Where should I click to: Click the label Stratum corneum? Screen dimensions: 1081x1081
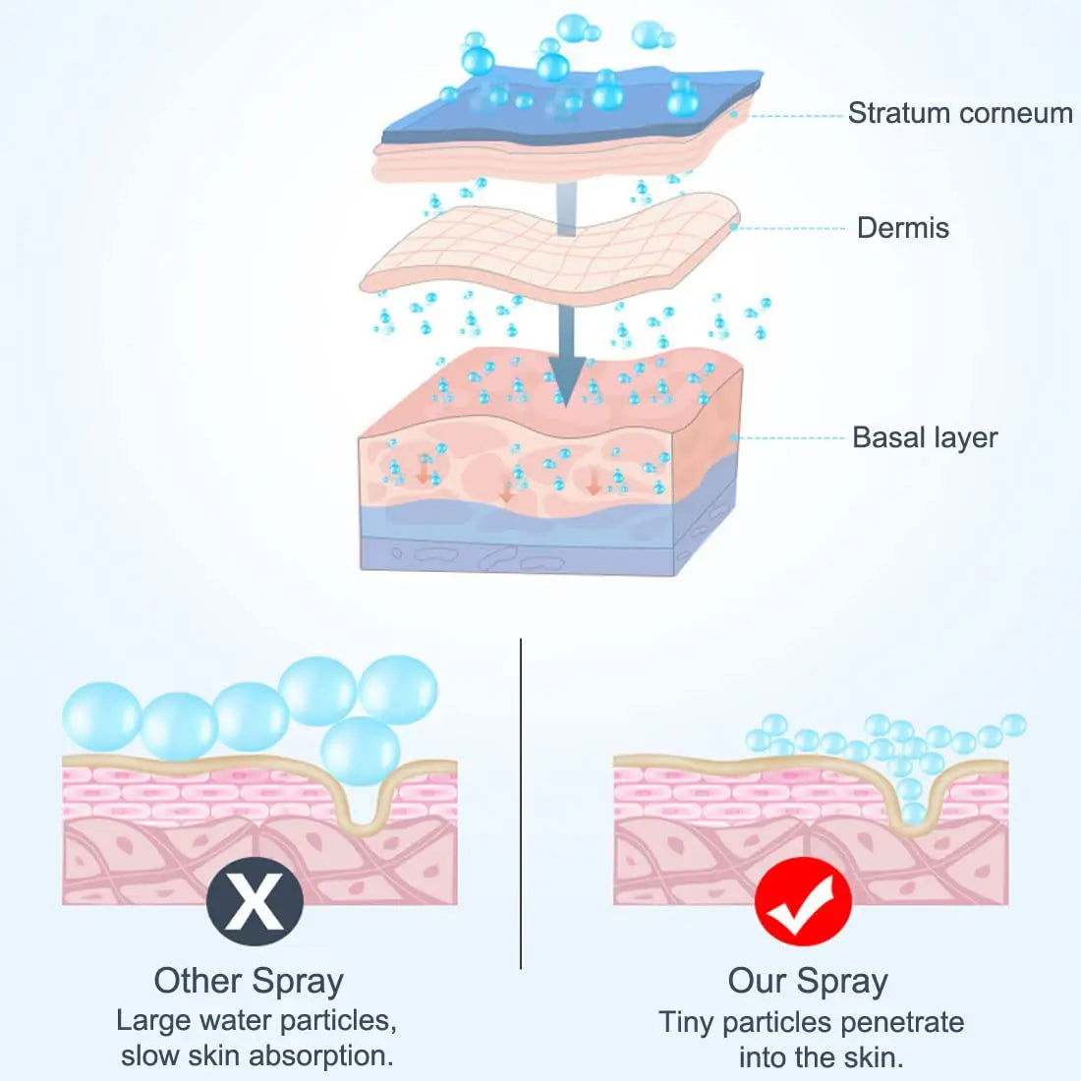959,114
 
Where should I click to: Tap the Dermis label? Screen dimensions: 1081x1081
902,228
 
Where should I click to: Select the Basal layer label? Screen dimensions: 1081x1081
924,437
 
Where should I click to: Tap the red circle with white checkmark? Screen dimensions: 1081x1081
803,900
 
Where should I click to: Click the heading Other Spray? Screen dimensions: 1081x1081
249,981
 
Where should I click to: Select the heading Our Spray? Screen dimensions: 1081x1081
808,981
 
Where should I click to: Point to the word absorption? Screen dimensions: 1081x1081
320,1055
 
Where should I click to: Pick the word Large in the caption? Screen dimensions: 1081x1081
150,1020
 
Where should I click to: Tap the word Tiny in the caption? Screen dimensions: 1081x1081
686,1022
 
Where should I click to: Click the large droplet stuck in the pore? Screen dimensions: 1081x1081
361,752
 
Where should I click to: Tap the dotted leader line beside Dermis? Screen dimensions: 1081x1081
791,228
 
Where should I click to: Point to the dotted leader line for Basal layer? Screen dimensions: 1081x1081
791,437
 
